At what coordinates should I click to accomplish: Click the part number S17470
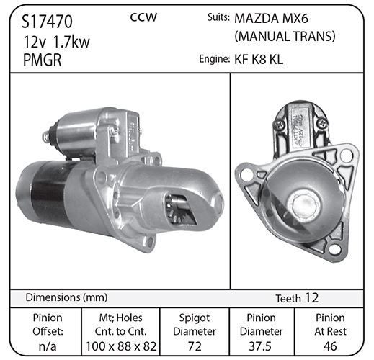[47, 22]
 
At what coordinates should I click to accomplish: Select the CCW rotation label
[143, 17]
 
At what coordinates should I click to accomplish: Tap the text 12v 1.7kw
[56, 42]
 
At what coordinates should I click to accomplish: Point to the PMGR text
[43, 60]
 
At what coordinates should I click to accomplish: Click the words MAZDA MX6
[271, 19]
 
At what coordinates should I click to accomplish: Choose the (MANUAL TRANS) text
[285, 37]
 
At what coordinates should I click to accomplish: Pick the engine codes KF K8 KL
[259, 59]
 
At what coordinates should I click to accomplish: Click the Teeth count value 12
[311, 298]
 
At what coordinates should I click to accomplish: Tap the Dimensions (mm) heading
[66, 297]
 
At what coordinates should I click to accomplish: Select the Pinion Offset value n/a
[48, 346]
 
